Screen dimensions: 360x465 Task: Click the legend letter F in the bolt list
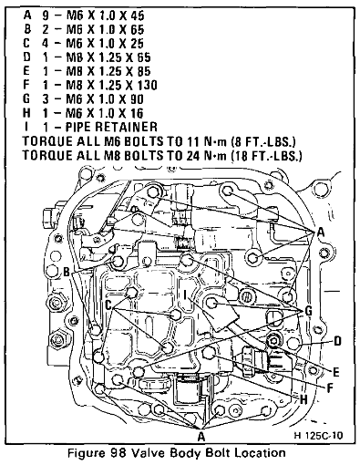[x=26, y=85]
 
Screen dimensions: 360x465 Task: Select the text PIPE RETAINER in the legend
[x=111, y=127]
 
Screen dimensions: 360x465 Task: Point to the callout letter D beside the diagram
[x=337, y=341]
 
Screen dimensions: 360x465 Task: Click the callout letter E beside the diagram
[x=335, y=372]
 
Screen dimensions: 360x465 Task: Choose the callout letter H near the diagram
[x=303, y=399]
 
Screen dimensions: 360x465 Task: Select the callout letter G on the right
[x=308, y=311]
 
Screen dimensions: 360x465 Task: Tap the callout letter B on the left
[x=67, y=273]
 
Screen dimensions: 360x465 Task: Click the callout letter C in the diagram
[x=108, y=305]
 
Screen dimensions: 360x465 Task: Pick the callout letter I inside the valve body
[x=185, y=294]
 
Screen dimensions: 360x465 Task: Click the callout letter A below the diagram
[x=201, y=437]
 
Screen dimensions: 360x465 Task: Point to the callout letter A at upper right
[x=320, y=232]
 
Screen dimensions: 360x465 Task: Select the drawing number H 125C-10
[x=318, y=436]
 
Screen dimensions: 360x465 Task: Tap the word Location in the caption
[x=261, y=453]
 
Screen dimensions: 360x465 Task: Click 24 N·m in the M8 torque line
[x=205, y=156]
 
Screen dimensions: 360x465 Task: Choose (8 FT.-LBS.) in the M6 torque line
[x=263, y=141]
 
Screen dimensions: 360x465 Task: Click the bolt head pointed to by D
[x=293, y=343]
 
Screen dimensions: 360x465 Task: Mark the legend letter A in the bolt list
[x=27, y=15]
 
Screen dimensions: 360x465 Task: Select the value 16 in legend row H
[x=137, y=113]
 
